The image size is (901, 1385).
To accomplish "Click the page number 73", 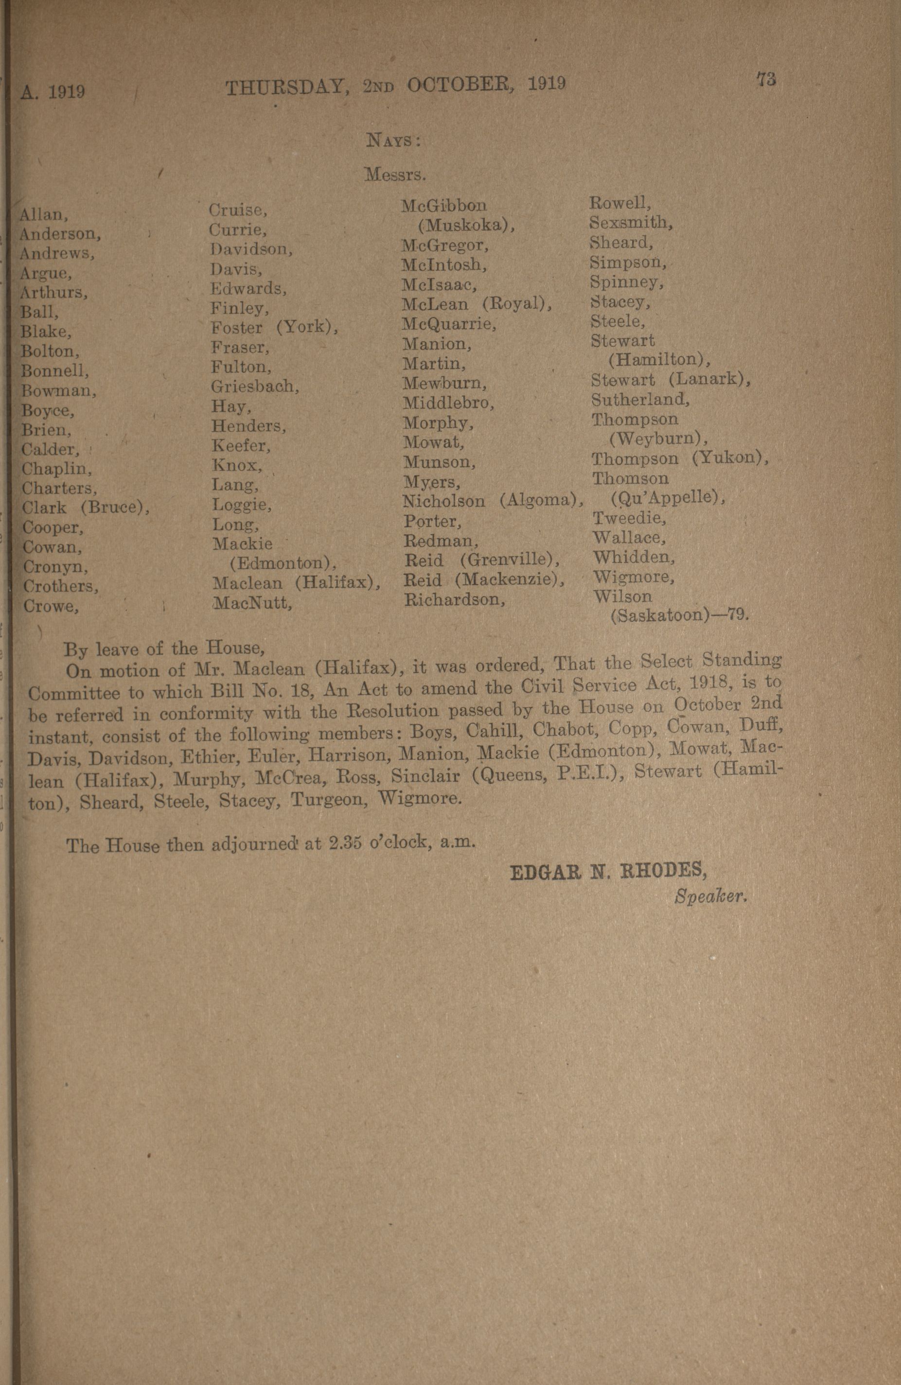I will [x=766, y=79].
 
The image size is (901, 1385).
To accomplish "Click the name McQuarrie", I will [x=449, y=324].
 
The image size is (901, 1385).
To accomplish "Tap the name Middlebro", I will [x=448, y=403].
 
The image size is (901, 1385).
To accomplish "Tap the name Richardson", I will [x=455, y=599].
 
